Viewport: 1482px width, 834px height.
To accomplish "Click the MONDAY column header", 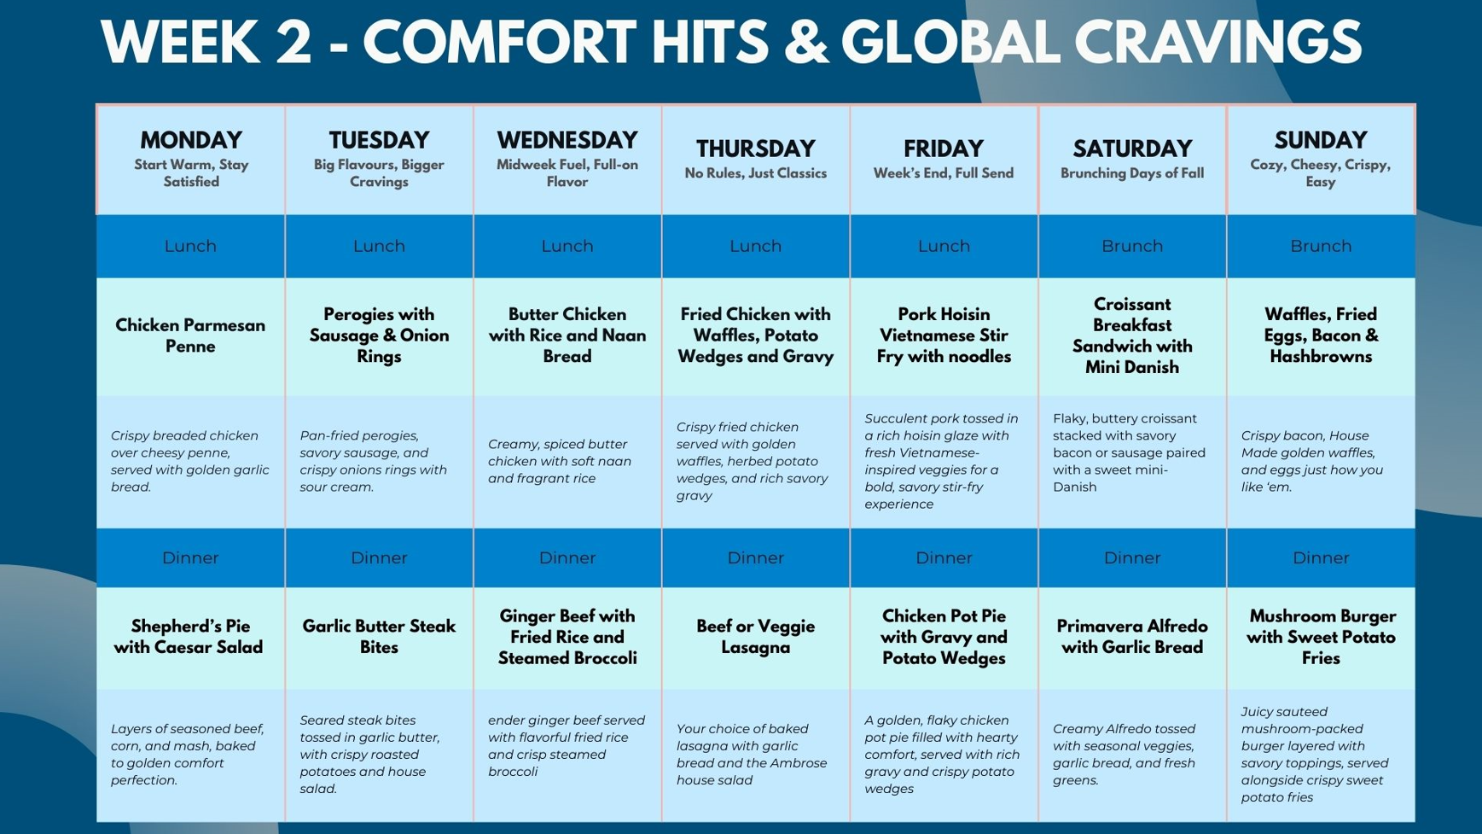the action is (x=190, y=140).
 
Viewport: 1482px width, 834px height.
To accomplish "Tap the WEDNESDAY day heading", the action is (x=567, y=140).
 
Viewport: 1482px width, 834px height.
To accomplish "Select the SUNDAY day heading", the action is (x=1321, y=140).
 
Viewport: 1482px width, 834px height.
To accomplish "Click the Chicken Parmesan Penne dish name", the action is (x=190, y=335).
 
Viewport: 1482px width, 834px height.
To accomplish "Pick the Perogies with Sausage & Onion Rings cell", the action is (x=379, y=335).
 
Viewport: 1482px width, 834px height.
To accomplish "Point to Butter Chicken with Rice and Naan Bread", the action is (x=567, y=335).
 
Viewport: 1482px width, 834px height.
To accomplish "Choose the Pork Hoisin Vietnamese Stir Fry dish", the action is (x=944, y=335).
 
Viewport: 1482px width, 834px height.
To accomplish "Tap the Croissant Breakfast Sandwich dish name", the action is (x=1132, y=335).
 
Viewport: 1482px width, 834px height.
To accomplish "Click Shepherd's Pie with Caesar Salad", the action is (x=189, y=637).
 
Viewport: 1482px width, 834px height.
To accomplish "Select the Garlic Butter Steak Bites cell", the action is (x=379, y=637).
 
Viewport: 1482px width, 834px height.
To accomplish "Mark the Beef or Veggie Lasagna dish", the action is (x=755, y=637).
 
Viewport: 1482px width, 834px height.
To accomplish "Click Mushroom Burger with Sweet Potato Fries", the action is (x=1321, y=637).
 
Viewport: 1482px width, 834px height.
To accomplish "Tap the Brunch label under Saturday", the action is (x=1132, y=246).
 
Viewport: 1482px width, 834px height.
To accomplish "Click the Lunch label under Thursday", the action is (x=755, y=246).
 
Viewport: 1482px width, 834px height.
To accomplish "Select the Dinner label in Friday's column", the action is (x=944, y=557).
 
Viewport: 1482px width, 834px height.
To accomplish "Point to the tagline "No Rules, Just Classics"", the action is (x=755, y=173).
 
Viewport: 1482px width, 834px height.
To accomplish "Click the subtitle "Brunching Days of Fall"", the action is (x=1132, y=173).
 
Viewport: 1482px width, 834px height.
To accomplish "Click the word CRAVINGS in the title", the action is (x=1218, y=43).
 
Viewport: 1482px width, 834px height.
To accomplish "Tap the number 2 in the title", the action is (x=293, y=43).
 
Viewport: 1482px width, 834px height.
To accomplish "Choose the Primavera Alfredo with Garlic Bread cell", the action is (x=1132, y=637).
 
